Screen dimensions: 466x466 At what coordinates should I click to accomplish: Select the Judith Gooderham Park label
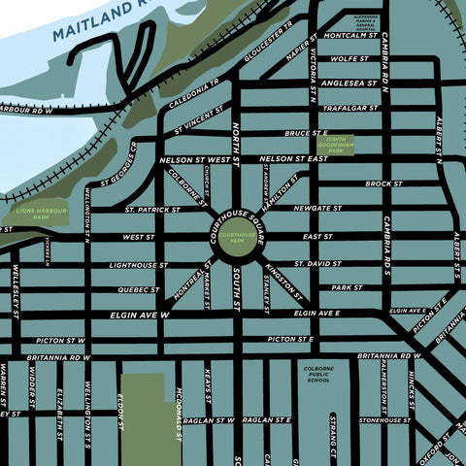[336, 146]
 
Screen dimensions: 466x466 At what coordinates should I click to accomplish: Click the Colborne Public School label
[319, 374]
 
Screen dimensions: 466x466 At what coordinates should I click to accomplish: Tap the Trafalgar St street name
[352, 108]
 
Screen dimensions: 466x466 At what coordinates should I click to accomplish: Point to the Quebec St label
[138, 288]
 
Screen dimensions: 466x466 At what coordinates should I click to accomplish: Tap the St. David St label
[319, 263]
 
